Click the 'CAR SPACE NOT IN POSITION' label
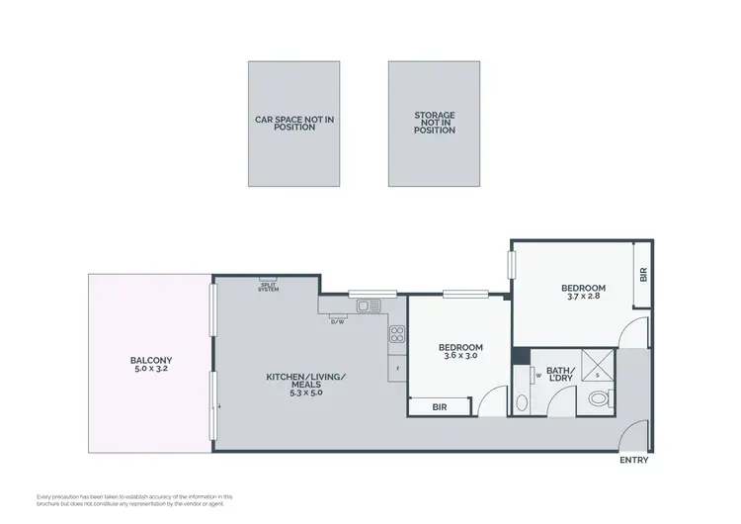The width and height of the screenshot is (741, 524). pos(294,123)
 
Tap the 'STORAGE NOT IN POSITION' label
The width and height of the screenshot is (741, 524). pos(435,123)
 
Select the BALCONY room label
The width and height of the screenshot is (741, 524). pos(151,360)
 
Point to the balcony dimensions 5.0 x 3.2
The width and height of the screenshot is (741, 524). pos(151,369)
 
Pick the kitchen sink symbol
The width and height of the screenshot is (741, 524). pos(369,306)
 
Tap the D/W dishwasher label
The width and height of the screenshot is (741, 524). pos(337,321)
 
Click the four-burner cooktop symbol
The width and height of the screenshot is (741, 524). pos(397,333)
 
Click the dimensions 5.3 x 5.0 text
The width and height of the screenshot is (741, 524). pos(305,393)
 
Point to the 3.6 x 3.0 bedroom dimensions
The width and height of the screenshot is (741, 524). pos(460,356)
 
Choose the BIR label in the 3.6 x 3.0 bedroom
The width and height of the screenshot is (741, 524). pos(440,406)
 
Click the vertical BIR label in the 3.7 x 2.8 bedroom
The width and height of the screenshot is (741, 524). pos(642,276)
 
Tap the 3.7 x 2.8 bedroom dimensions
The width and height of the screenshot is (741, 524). pos(586,297)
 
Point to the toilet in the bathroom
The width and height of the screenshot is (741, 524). pos(597,399)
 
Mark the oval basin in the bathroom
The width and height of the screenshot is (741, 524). pos(522,402)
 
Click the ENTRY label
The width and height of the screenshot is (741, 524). pos(633,461)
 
